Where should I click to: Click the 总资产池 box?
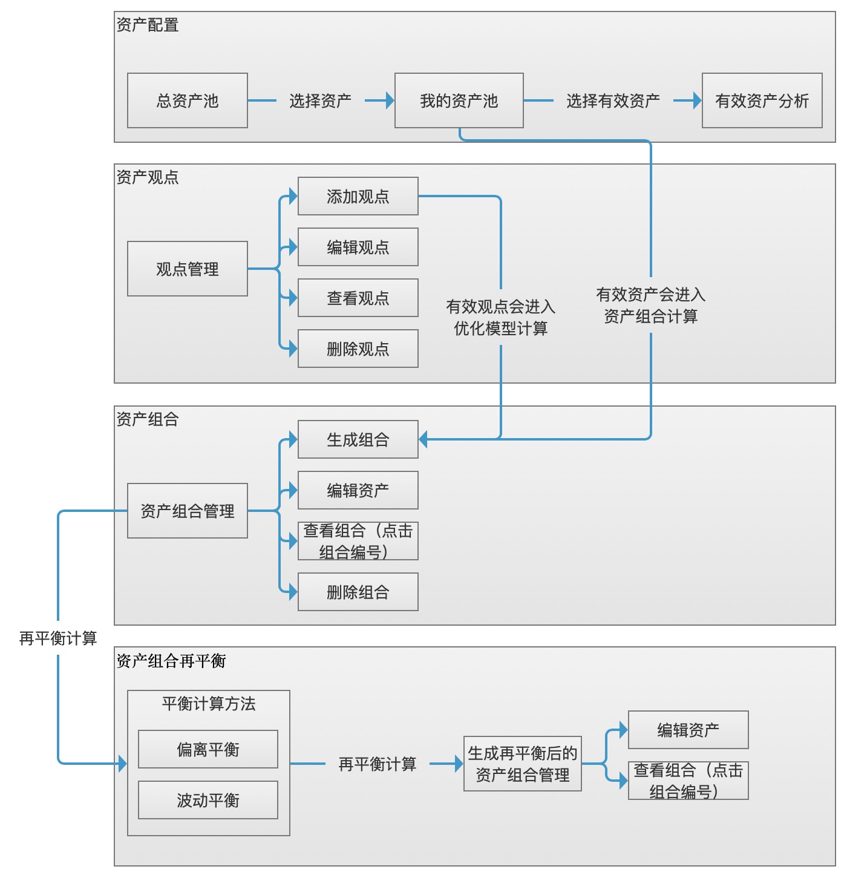pos(187,100)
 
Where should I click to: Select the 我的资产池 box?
pos(459,100)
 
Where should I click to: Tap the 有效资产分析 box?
pos(762,100)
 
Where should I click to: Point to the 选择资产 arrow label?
pos(320,100)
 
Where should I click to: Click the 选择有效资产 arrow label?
pos(613,100)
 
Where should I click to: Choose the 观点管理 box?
pos(187,269)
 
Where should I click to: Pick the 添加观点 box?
pos(358,196)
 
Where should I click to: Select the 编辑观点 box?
pos(358,247)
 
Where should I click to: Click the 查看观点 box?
pos(358,298)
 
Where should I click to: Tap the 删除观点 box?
pos(358,349)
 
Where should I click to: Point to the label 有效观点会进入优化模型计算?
pos(500,318)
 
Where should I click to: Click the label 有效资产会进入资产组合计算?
pos(650,306)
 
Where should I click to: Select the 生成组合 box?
pos(358,439)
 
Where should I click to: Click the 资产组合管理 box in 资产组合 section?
pos(187,511)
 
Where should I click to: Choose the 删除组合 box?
pos(358,592)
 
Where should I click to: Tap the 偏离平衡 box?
pos(208,749)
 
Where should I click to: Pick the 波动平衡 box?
pos(208,800)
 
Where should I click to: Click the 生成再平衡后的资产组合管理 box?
pos(522,764)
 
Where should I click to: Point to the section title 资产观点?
pos(148,177)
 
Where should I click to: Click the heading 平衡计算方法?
pos(208,704)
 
